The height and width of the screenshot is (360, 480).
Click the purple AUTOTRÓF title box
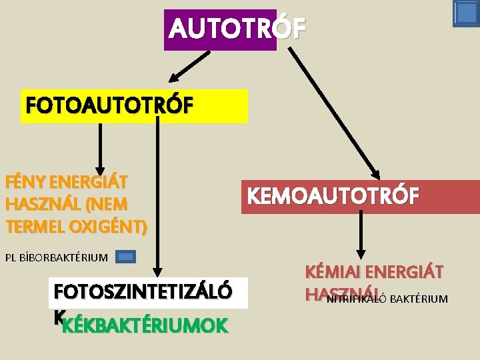[x=220, y=30]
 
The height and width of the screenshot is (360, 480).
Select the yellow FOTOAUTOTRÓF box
[x=134, y=107]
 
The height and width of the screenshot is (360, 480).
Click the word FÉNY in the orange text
[x=25, y=181]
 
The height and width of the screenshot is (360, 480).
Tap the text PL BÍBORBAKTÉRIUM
[x=56, y=257]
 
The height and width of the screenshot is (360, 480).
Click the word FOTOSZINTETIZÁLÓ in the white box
[x=143, y=292]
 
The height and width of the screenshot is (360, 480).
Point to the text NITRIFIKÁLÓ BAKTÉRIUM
[x=387, y=299]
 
